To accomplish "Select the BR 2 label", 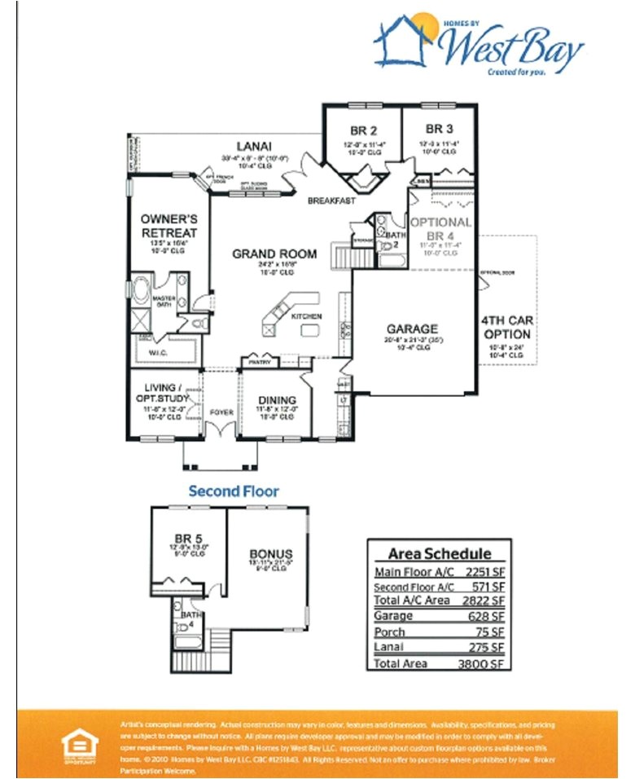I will (363, 130).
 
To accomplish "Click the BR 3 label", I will (439, 129).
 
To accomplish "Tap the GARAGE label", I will (412, 329).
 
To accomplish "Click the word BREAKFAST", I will (331, 200).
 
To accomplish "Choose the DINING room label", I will (277, 400).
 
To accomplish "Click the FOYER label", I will (221, 412).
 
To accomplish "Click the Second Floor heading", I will (234, 491).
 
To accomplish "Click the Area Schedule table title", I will (439, 553).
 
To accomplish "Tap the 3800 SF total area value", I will (486, 664).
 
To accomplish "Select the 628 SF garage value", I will (488, 617).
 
